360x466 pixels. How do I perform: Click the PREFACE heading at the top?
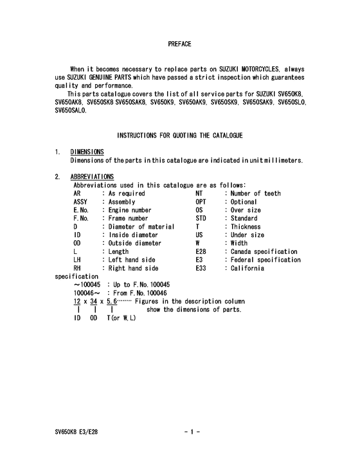179,44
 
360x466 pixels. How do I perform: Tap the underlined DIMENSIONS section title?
87,152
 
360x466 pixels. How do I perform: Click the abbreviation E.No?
82,210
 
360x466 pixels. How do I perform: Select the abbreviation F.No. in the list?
82,219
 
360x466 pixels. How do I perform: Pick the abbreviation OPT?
203,202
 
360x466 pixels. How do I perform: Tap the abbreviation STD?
203,219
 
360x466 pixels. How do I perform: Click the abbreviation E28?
203,252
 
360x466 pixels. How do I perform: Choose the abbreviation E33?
203,269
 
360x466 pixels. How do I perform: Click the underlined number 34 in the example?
94,301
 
